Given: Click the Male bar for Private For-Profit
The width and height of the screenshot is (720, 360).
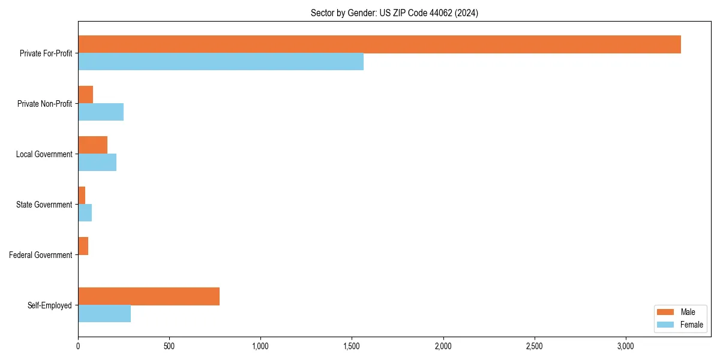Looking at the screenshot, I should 379,44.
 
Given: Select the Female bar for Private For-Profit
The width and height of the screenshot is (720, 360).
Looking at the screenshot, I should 221,62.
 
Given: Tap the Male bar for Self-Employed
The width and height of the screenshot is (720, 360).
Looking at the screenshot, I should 149,296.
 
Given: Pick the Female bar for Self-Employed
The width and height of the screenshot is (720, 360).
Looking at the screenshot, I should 104,314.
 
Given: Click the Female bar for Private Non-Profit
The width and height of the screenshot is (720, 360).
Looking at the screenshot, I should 101,112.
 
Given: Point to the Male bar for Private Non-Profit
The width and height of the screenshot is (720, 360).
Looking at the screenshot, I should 86,95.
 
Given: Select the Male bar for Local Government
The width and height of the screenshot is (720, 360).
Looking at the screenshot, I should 93,145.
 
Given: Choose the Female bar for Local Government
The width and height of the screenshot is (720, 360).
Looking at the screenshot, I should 97,163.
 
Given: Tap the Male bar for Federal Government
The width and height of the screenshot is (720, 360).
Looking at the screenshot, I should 83,246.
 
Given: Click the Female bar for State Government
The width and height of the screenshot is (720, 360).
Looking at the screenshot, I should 85,213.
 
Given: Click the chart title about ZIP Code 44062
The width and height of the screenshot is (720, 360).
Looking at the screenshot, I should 394,13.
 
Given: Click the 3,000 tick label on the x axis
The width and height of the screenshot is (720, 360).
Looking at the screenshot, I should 626,346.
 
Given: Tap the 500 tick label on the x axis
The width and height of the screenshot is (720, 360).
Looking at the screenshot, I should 169,346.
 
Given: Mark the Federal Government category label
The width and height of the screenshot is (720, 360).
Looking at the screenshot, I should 41,255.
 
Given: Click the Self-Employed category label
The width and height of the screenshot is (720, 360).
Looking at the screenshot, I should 50,305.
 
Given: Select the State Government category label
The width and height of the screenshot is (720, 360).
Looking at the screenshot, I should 44,205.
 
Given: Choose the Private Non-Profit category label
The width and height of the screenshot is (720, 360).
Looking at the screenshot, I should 44,104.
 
